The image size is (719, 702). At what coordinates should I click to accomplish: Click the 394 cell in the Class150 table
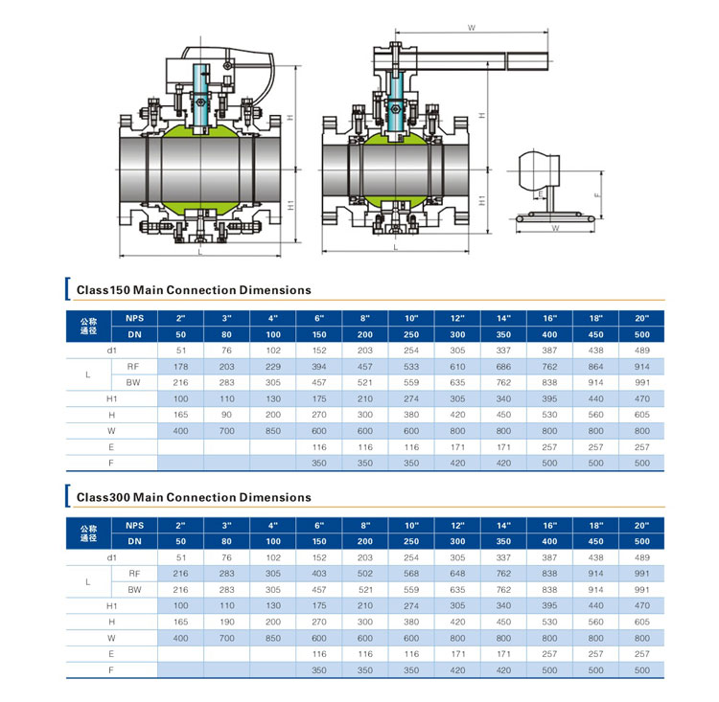pyautogui.click(x=318, y=367)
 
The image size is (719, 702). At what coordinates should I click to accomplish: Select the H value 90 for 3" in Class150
pyautogui.click(x=226, y=415)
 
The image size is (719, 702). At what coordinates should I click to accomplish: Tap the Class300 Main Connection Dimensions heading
pyautogui.click(x=194, y=497)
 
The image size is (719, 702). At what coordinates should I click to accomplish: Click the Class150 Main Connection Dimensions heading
pyautogui.click(x=194, y=290)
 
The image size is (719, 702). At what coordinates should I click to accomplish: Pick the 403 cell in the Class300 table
pyautogui.click(x=318, y=574)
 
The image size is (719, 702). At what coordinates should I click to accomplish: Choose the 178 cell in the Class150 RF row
pyautogui.click(x=180, y=367)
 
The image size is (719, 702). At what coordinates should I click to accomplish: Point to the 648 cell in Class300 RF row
pyautogui.click(x=457, y=574)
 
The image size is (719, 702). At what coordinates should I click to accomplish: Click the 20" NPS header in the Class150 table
pyautogui.click(x=641, y=319)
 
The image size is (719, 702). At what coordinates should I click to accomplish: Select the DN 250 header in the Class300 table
pyautogui.click(x=411, y=542)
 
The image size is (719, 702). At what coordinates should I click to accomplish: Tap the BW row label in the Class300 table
pyautogui.click(x=134, y=590)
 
